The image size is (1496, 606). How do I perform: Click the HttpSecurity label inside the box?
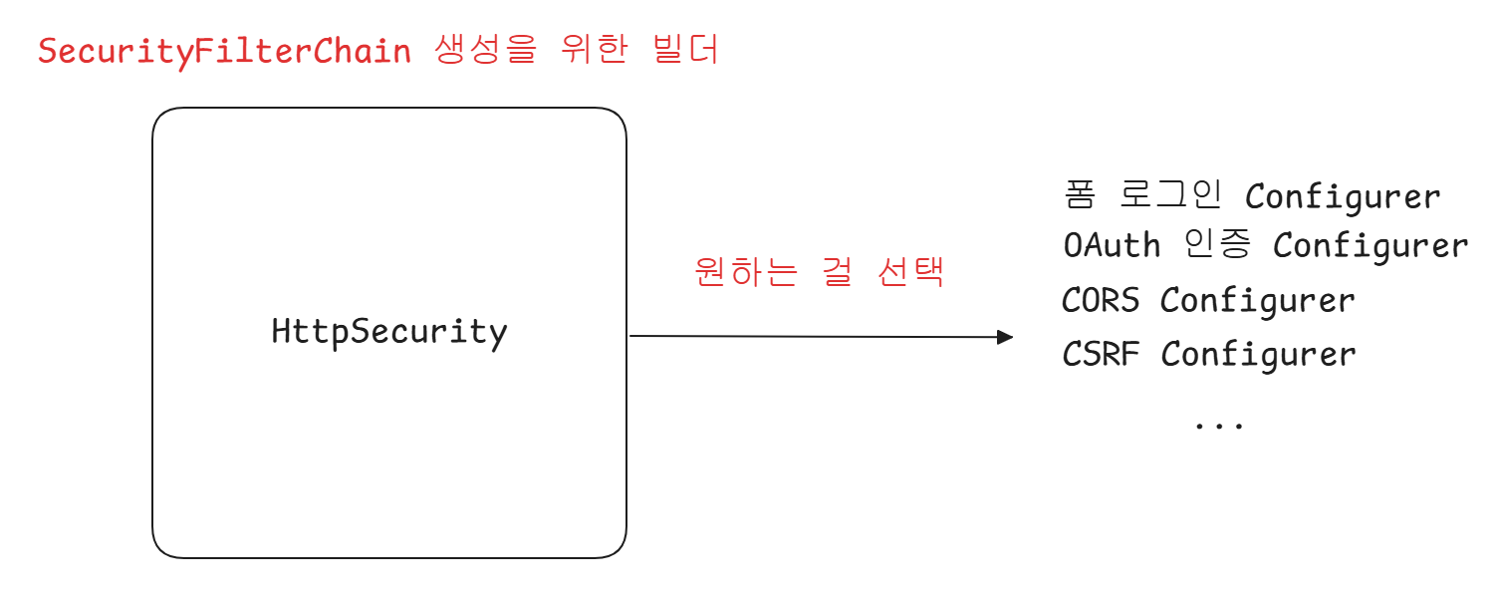[388, 332]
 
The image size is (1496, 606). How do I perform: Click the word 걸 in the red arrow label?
[838, 272]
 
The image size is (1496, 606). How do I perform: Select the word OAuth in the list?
[1112, 245]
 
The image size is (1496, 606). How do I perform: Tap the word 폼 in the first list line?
[1080, 195]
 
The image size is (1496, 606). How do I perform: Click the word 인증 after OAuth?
[1218, 245]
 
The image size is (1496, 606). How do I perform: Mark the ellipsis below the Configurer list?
[1219, 424]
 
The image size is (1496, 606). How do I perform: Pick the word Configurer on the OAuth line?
[1371, 246]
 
